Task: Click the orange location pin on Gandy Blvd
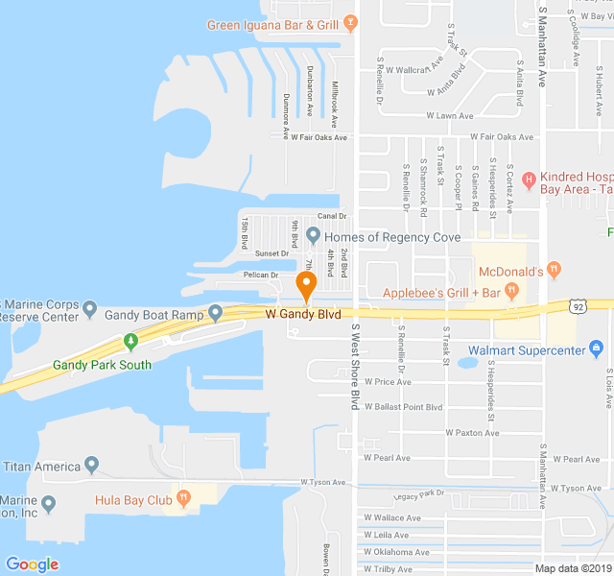(x=306, y=285)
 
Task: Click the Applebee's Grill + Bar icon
(x=512, y=291)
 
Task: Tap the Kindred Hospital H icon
(x=528, y=177)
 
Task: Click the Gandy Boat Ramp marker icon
(x=216, y=312)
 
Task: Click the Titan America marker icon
(x=92, y=467)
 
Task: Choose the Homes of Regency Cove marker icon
(x=313, y=235)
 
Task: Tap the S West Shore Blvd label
(x=354, y=366)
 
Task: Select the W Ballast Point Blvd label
(x=403, y=407)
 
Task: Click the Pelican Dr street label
(x=261, y=276)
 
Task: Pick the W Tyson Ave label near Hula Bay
(x=321, y=482)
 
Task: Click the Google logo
(x=32, y=564)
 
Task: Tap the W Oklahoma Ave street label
(x=396, y=552)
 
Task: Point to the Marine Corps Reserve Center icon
(x=90, y=309)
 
